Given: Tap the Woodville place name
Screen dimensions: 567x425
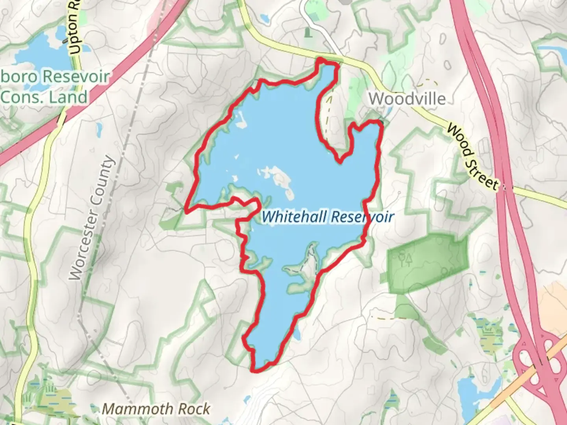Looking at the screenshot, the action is (x=407, y=98).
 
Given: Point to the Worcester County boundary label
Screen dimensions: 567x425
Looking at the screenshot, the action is (x=91, y=218).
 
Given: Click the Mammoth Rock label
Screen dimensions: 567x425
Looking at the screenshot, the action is (x=156, y=409).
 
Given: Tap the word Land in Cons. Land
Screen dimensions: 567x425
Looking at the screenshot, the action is (x=67, y=97).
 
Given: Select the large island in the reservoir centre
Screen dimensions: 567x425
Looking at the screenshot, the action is (x=282, y=179).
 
